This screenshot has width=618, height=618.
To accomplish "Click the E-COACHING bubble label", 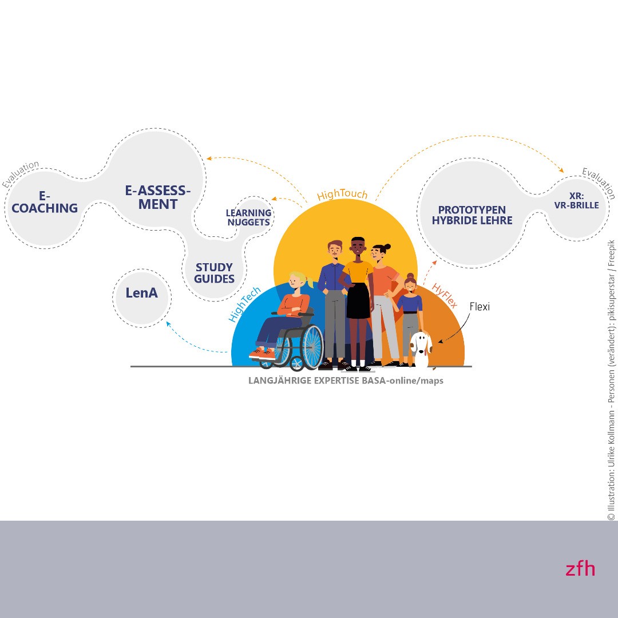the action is (x=45, y=202).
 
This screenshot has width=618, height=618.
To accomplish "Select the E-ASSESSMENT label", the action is (x=158, y=197).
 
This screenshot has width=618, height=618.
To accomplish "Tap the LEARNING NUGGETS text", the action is (x=249, y=217).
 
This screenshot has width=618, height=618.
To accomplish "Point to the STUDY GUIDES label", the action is (x=214, y=273).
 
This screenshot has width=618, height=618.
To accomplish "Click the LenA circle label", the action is (x=141, y=293).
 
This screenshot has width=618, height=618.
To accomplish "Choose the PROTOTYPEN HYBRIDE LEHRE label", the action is (x=472, y=215).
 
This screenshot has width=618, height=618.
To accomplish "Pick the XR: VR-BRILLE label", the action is (x=576, y=201).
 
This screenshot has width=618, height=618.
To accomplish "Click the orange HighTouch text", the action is (x=342, y=195).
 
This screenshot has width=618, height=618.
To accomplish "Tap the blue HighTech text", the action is (x=244, y=304).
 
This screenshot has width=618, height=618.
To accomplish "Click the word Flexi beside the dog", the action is (x=480, y=306).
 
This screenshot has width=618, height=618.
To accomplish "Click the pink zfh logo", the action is (x=580, y=569).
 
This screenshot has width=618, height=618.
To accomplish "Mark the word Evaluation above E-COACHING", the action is (x=21, y=173).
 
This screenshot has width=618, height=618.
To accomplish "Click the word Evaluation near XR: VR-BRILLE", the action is (x=599, y=183).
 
